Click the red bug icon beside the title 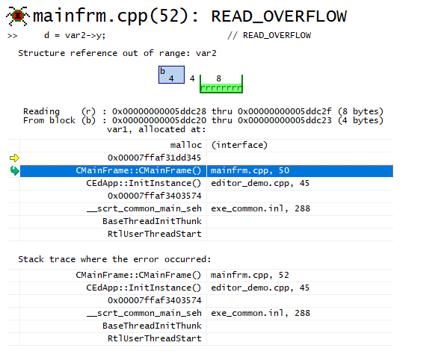coord(18,16)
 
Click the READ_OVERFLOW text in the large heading coord(279,16)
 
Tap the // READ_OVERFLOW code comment coord(269,35)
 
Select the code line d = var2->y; coord(75,35)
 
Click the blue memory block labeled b coord(171,75)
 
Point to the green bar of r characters coord(221,88)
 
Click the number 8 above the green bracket coord(219,78)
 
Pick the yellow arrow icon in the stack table coord(14,158)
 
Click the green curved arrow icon coord(14,170)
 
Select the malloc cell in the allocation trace coord(186,145)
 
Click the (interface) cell coord(239,145)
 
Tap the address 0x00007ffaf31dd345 coord(154,158)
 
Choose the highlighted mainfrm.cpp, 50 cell coord(250,170)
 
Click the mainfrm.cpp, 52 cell coord(250,275)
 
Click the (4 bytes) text coord(360,120)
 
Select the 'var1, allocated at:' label coord(156,130)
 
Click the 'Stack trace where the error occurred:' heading coord(114,259)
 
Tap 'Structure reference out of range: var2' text coord(117,53)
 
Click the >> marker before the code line coord(12,36)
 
